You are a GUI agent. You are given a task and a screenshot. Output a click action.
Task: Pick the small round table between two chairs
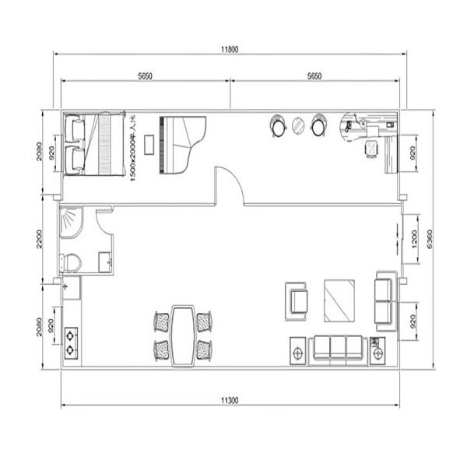(x=297, y=125)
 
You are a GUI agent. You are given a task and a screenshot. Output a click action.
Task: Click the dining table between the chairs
(x=184, y=333)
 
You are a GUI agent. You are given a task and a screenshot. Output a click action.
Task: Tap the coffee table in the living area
(x=339, y=300)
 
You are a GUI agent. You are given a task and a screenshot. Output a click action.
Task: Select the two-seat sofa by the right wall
(x=384, y=300)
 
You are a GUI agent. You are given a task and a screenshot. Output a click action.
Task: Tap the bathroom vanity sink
(x=103, y=262)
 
